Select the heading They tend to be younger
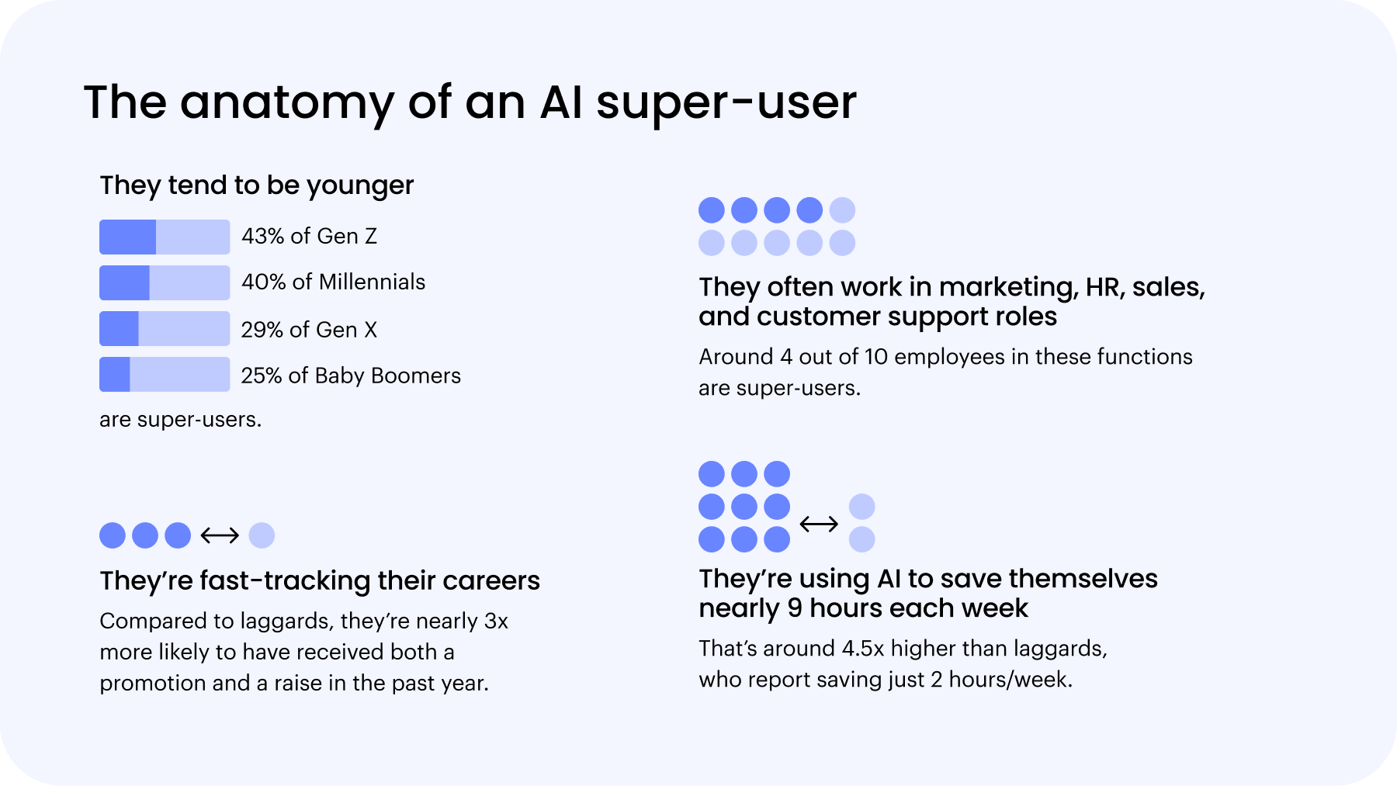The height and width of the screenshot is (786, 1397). coord(257,185)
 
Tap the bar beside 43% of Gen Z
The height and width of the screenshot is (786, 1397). coord(165,237)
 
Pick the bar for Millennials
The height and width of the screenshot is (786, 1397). coord(165,282)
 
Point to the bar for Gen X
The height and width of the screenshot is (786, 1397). coord(165,328)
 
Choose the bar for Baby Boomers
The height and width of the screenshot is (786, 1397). coord(165,374)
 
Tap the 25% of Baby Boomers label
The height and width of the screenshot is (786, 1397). coord(351,376)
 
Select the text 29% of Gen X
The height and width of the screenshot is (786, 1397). coord(309,330)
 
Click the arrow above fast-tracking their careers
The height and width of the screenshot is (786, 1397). coord(220,535)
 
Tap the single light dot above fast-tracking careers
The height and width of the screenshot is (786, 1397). coord(262,535)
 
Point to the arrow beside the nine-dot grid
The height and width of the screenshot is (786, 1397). coord(819,524)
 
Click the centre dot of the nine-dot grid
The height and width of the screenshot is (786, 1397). coord(744,507)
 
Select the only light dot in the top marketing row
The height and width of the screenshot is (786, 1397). coord(842,210)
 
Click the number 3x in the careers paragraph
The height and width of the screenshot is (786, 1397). coord(496,621)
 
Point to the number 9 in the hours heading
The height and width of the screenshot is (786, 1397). coord(795,608)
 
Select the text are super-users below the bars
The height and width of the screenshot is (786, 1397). coord(181,420)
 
